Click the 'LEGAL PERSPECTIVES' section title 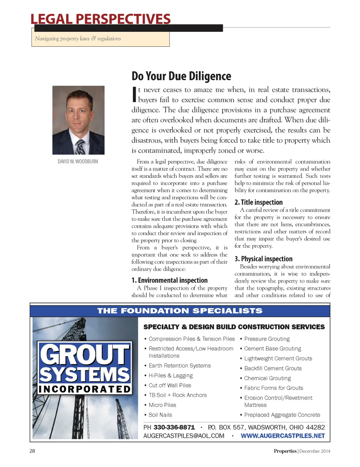point(101,19)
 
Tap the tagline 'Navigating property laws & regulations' point(78,39)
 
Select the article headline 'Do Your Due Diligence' point(181,76)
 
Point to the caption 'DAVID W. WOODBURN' point(78,162)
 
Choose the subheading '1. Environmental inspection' point(169,280)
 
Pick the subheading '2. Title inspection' point(258,202)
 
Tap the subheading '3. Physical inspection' point(263,259)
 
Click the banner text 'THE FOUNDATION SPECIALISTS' point(180,311)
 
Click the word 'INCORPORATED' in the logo point(85,389)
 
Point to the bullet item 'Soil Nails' point(160,415)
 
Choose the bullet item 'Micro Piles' point(162,405)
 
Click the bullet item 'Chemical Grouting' point(267,378)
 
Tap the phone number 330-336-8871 point(174,427)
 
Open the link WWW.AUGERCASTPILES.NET point(283,436)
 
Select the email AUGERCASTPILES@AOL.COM point(184,436)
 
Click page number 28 point(32,451)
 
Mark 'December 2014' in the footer point(315,451)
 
